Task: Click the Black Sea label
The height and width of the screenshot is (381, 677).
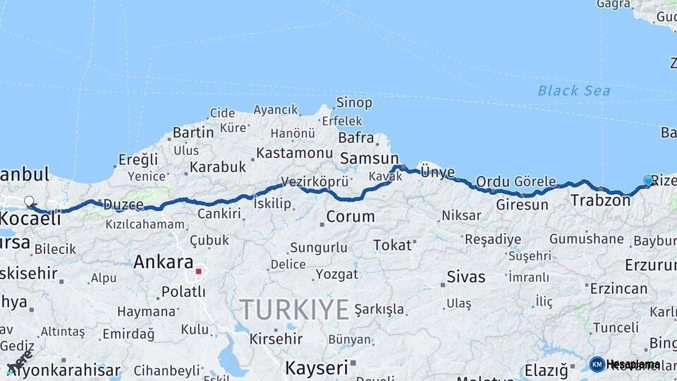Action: click(x=573, y=90)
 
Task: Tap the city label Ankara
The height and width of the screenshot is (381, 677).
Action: click(x=163, y=262)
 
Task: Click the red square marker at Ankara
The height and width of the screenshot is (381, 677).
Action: click(x=199, y=270)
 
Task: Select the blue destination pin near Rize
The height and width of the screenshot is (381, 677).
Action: click(x=648, y=181)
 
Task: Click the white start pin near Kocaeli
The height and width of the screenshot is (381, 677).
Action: click(x=29, y=202)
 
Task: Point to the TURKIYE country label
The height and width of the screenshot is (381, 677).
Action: click(x=294, y=309)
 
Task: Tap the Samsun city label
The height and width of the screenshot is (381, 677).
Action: click(x=369, y=159)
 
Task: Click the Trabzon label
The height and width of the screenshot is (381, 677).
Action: click(x=600, y=200)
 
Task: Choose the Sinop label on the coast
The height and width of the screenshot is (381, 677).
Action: click(x=354, y=104)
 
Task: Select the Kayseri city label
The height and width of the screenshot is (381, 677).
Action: click(x=316, y=368)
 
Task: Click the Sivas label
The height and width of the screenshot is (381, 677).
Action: click(x=466, y=277)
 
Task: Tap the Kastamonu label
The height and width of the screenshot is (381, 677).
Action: click(x=294, y=153)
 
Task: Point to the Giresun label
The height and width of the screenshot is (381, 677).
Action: click(x=522, y=205)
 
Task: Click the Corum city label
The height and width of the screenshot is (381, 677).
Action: click(x=350, y=217)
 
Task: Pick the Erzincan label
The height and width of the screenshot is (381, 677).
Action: click(x=618, y=289)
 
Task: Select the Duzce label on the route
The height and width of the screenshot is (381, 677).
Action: click(x=123, y=205)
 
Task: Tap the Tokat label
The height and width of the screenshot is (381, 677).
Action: click(x=392, y=245)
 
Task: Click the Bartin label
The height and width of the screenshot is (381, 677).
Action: click(x=193, y=132)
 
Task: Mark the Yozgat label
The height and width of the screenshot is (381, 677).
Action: click(x=337, y=273)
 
